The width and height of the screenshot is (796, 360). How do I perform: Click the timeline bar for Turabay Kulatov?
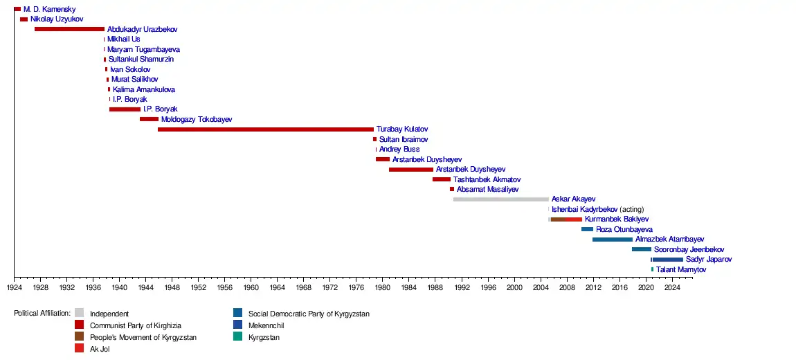pyautogui.click(x=265, y=129)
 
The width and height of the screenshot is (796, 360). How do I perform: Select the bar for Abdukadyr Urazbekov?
pyautogui.click(x=69, y=29)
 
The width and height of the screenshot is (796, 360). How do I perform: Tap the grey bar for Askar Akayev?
pyautogui.click(x=500, y=199)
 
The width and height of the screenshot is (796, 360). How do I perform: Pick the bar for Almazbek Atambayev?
pyautogui.click(x=612, y=240)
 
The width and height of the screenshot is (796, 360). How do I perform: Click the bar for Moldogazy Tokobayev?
pyautogui.click(x=149, y=119)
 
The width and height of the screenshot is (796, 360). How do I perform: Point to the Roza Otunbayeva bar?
pyautogui.click(x=587, y=229)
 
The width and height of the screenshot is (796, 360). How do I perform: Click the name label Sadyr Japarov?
pyautogui.click(x=708, y=260)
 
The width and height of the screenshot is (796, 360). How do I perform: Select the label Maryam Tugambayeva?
pyautogui.click(x=143, y=50)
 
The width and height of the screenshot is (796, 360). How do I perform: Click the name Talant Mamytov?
pyautogui.click(x=681, y=269)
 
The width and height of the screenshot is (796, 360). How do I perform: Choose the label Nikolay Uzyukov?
pyautogui.click(x=57, y=19)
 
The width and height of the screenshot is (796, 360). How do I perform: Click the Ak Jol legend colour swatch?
pyautogui.click(x=80, y=348)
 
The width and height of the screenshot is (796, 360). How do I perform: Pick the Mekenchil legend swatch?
pyautogui.click(x=237, y=325)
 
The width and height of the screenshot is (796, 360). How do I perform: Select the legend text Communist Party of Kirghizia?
pyautogui.click(x=136, y=325)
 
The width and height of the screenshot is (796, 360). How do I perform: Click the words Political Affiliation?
pyautogui.click(x=42, y=314)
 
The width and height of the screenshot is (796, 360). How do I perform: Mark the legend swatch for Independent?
pyautogui.click(x=80, y=313)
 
